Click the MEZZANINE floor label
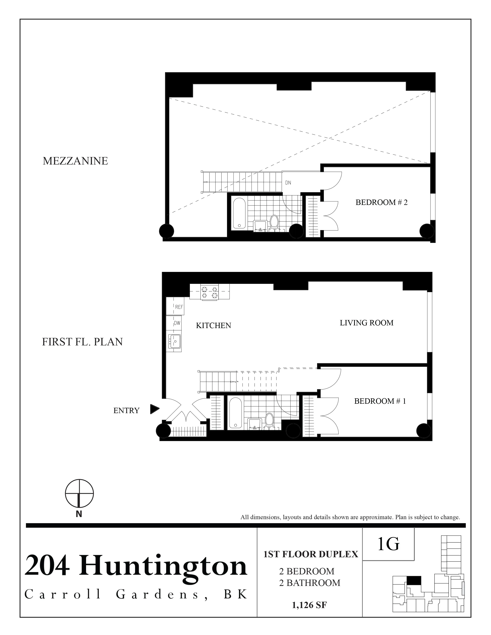tap(75, 161)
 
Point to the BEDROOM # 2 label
tap(381, 202)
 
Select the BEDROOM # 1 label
tap(380, 401)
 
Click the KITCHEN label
tap(214, 325)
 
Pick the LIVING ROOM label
tap(366, 323)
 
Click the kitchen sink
tap(174, 341)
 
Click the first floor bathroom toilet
tap(269, 421)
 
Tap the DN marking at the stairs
tap(288, 183)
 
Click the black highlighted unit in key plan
tap(413, 581)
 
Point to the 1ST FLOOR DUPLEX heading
tap(310, 554)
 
